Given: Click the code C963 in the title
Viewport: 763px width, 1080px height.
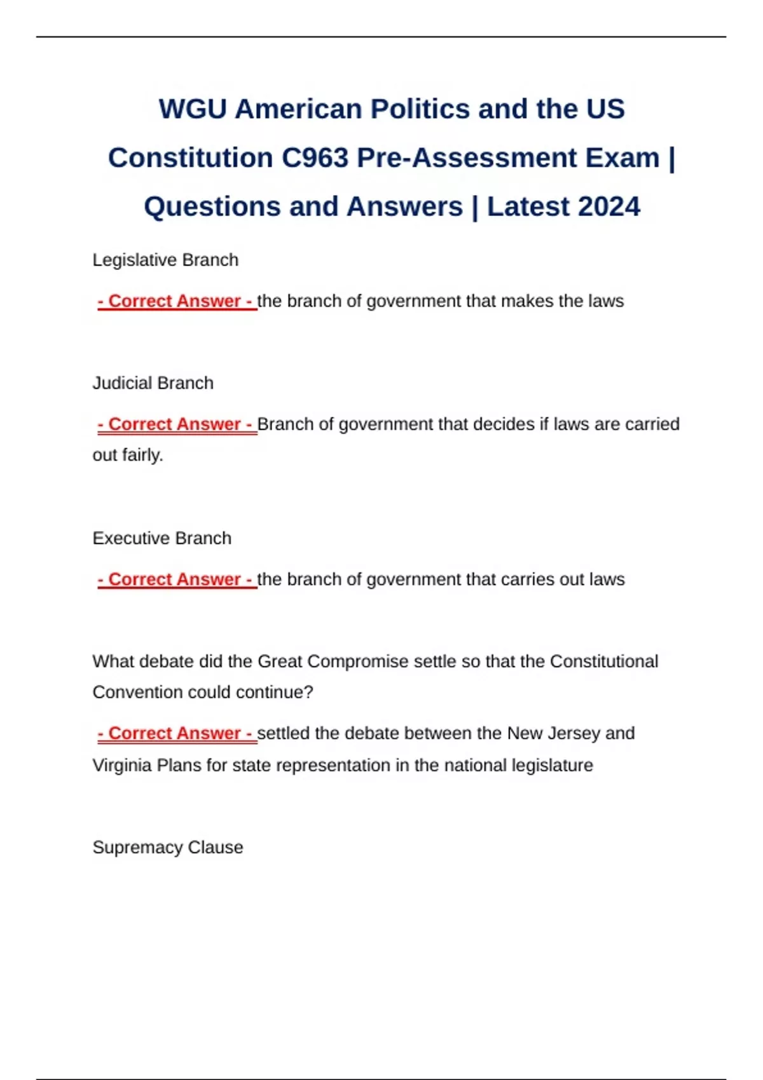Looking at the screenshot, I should point(315,158).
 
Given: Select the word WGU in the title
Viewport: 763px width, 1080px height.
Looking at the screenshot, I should point(193,109).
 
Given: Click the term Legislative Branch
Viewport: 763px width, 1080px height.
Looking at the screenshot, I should point(165,260).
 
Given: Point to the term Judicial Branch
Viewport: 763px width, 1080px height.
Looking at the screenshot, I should point(153,383).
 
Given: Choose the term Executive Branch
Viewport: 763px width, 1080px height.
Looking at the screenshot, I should point(162,538).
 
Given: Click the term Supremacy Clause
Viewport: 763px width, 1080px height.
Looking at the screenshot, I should point(167,847).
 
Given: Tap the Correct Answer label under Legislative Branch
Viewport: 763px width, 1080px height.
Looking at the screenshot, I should point(177,301).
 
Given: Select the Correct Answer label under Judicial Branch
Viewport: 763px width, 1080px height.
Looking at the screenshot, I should point(177,424).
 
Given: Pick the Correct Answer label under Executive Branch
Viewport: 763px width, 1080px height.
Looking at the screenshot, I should point(177,579).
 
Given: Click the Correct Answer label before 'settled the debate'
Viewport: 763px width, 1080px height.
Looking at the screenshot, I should point(177,733).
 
